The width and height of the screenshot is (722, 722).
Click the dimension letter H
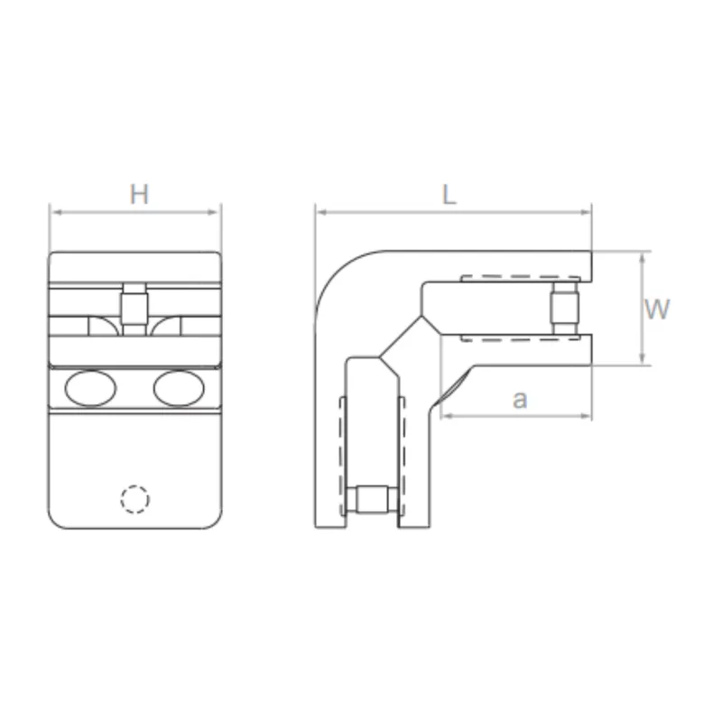[x=138, y=194]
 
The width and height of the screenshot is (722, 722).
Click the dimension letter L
[x=449, y=196]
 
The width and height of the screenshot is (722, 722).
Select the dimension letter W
[x=657, y=310]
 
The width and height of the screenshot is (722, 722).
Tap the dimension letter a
[x=519, y=400]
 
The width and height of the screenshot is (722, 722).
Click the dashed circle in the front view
[x=134, y=499]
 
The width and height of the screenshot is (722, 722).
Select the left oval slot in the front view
[x=90, y=389]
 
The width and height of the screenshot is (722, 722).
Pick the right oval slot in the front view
[x=179, y=389]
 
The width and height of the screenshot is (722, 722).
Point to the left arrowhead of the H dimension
[x=53, y=213]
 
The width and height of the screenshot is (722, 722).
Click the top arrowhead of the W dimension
[x=641, y=256]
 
